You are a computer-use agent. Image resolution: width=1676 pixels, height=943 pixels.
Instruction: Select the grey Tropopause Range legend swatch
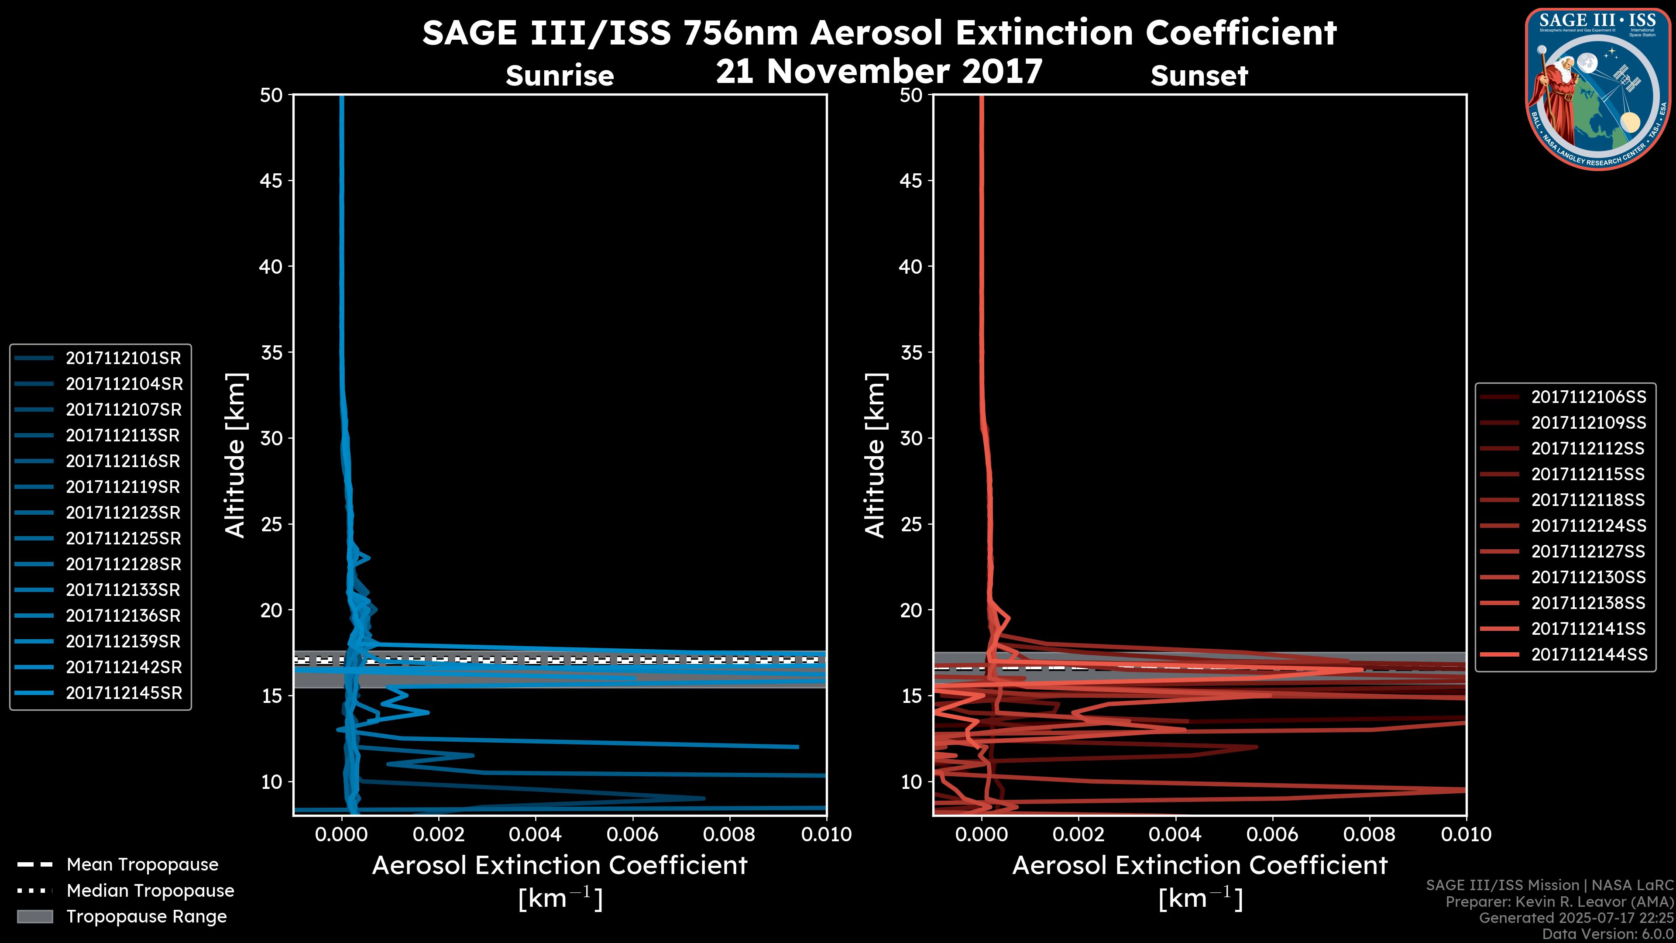click(34, 916)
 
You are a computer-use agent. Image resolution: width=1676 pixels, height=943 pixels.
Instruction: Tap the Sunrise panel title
click(560, 76)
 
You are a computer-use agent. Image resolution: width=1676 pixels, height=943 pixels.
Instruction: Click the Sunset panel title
click(1199, 76)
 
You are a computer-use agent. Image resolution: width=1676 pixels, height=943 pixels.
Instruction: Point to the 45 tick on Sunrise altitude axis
click(271, 181)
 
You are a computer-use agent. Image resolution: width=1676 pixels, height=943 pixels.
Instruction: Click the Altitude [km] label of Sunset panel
click(876, 455)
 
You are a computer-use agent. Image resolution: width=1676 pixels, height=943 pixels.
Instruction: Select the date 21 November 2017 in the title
click(879, 72)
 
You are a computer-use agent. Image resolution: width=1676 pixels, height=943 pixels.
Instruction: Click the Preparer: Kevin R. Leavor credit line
click(1559, 902)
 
